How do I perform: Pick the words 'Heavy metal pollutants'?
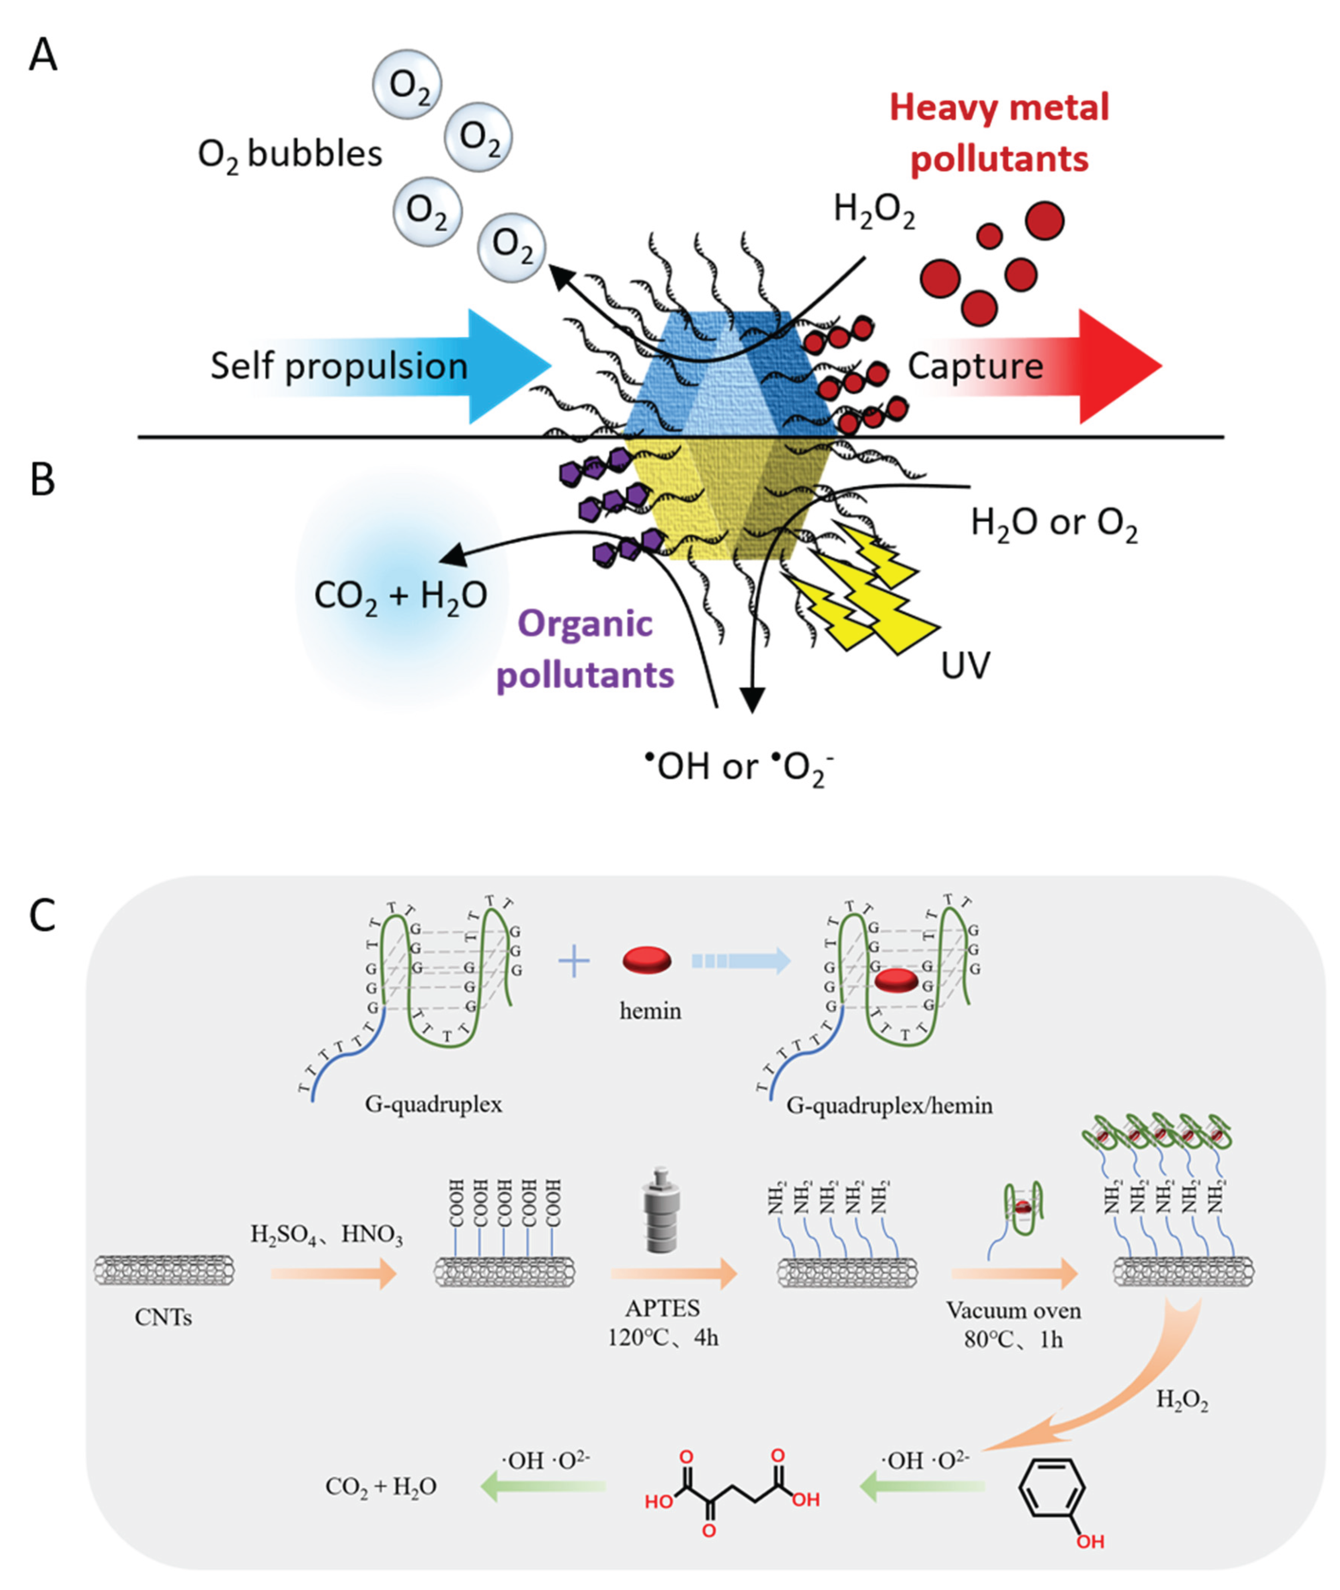pos(1000,133)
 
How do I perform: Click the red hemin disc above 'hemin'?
pos(647,960)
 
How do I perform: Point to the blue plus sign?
pos(574,962)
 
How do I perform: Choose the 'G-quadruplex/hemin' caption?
pos(890,1105)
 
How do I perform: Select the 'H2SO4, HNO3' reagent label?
pos(326,1236)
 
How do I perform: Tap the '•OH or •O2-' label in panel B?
pos(739,768)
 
